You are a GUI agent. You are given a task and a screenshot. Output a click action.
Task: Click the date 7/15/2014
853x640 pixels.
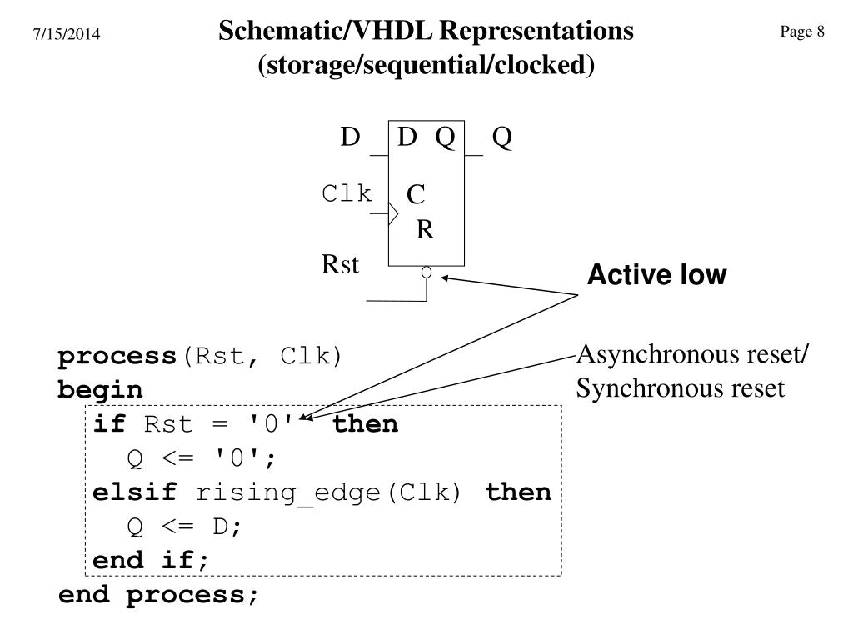tap(67, 35)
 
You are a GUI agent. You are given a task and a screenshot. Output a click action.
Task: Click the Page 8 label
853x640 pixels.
tap(802, 32)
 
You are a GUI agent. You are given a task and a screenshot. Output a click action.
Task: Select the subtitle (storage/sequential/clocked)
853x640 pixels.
tap(426, 65)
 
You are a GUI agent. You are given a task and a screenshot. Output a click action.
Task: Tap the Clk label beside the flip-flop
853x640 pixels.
tap(347, 194)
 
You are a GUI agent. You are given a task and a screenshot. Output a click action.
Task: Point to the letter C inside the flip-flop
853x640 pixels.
tap(416, 195)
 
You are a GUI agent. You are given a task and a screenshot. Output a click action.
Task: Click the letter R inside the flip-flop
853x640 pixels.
tap(425, 229)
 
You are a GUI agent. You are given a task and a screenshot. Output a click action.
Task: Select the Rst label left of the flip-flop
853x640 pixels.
tap(340, 265)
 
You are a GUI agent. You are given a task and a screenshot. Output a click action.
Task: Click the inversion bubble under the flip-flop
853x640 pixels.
tap(426, 272)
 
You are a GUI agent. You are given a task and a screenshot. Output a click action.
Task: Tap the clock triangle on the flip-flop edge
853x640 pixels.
tap(394, 214)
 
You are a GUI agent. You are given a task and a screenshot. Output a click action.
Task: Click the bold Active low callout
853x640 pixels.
tap(656, 276)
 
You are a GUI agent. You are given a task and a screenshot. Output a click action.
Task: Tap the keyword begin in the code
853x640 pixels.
tap(100, 390)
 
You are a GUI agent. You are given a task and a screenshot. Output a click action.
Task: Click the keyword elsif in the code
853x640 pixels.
tap(135, 492)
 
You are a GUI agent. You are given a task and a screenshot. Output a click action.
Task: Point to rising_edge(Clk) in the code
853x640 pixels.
tap(328, 493)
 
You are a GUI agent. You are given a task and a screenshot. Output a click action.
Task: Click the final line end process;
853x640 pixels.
tap(158, 595)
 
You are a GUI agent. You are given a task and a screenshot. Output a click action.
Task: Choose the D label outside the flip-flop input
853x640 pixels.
tap(350, 137)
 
